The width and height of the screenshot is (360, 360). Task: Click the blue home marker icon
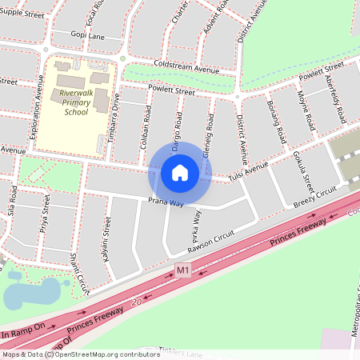coord(180,172)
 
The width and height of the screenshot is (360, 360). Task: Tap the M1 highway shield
coord(183,271)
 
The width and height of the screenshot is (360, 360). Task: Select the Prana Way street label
coord(166,202)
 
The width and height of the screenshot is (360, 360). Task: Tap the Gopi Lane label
coord(87,36)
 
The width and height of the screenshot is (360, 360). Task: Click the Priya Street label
coord(46,217)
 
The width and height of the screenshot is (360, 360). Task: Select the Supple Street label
coord(22,14)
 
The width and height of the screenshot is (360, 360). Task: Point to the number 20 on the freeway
coord(137,302)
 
